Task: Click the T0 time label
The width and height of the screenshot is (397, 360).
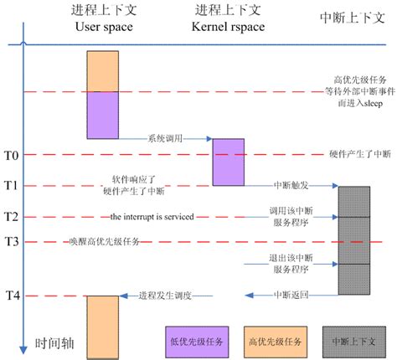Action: [11, 155]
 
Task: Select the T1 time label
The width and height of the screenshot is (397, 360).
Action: [11, 184]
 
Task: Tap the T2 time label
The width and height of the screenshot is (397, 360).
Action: [11, 217]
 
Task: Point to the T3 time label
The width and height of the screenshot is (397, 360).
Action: [11, 242]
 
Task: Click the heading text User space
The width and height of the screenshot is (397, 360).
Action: [105, 27]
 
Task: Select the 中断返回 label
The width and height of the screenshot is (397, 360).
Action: [289, 296]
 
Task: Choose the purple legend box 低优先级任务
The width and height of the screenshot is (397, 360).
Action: [193, 341]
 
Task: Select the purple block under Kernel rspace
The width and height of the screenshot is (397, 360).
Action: [228, 162]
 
